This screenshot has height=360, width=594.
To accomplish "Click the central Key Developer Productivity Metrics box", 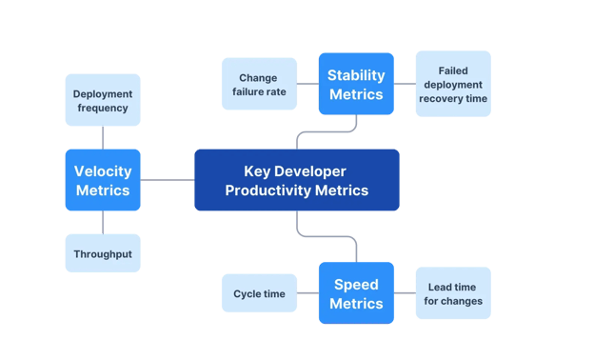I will (296, 180).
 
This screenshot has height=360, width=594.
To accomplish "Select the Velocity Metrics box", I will (102, 180).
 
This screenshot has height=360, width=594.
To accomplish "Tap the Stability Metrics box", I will (355, 84).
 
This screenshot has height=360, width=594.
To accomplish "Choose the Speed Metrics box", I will (355, 293).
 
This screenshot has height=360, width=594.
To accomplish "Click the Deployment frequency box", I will (102, 100).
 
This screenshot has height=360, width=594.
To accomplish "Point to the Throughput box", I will (102, 253).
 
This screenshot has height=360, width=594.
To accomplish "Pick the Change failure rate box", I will (259, 84).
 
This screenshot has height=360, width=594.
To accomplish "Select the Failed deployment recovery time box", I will (453, 84).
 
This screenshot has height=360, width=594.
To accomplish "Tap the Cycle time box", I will (259, 293).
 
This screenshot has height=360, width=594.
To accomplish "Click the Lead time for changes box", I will (453, 293).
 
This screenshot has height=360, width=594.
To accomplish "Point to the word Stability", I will (355, 74).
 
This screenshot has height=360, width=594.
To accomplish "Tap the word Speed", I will (355, 284).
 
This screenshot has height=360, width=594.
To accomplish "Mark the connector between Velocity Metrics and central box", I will (168, 180).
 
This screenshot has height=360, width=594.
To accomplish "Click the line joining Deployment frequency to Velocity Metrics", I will (102, 138).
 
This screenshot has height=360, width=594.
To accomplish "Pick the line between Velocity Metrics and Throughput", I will (102, 222).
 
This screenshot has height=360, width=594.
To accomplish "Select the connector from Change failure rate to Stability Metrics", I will (307, 84).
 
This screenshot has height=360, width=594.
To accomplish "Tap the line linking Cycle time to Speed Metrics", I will (307, 293).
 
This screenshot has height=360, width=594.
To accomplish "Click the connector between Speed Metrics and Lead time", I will (405, 293).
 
